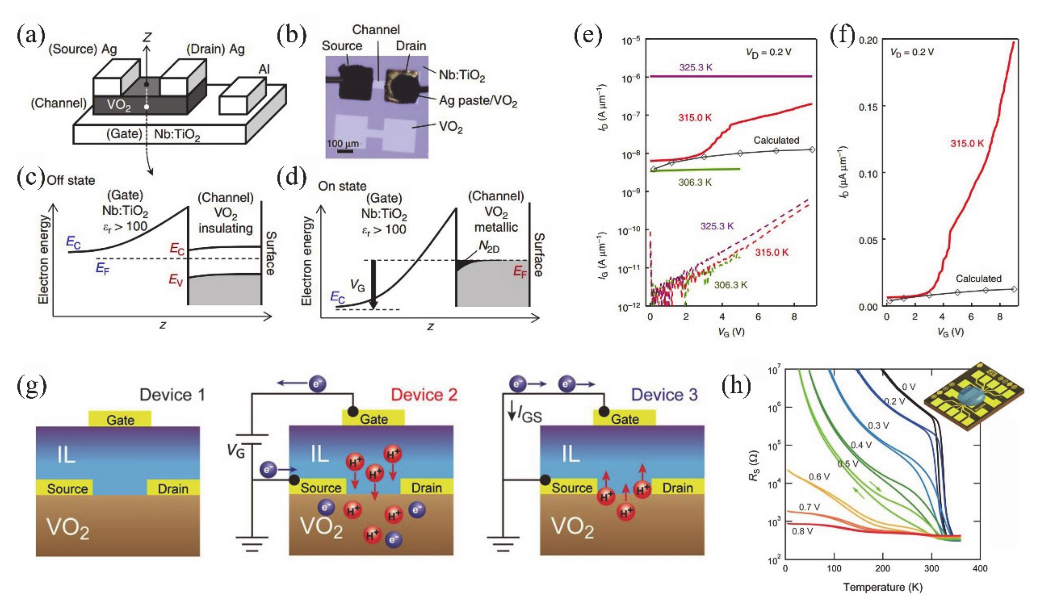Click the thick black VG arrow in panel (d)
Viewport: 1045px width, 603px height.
pyautogui.click(x=374, y=285)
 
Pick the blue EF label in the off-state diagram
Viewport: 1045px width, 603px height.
pyautogui.click(x=102, y=268)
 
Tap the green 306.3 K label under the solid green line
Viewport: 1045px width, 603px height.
pyautogui.click(x=695, y=182)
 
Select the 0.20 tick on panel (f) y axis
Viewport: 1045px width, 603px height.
pyautogui.click(x=868, y=41)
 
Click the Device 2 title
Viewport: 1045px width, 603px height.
pyautogui.click(x=424, y=395)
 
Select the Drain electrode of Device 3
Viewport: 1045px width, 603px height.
pyautogui.click(x=678, y=488)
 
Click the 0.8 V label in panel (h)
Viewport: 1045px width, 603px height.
pyautogui.click(x=802, y=531)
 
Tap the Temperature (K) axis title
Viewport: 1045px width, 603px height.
pyautogui.click(x=882, y=587)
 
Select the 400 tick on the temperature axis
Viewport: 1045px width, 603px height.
pyautogui.click(x=980, y=568)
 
